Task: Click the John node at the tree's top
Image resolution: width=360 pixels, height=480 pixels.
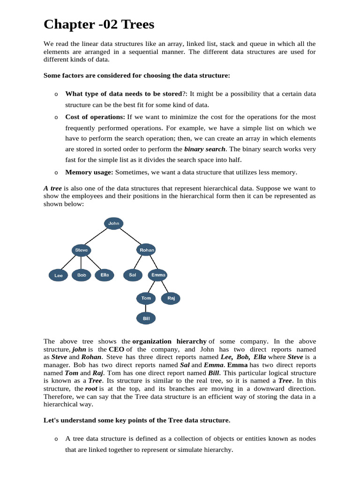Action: click(114, 224)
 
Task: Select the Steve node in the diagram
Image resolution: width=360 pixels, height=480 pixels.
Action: click(82, 250)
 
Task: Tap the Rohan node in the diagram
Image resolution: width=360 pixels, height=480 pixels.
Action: click(147, 250)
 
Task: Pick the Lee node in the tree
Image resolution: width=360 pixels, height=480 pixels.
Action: click(59, 276)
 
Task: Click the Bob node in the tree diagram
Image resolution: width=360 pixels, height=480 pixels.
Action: click(82, 275)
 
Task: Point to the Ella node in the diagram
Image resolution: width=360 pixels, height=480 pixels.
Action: click(105, 275)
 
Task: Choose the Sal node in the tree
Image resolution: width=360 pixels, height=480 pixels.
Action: click(132, 275)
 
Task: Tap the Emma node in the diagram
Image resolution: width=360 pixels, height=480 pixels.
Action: click(158, 275)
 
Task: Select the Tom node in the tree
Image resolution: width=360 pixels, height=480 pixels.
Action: click(146, 298)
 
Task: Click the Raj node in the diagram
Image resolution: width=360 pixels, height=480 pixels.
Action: click(171, 298)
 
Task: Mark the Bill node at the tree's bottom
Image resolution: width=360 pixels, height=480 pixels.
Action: click(146, 319)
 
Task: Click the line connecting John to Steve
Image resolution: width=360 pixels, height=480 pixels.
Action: click(97, 237)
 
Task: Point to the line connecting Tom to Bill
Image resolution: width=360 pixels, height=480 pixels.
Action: click(146, 308)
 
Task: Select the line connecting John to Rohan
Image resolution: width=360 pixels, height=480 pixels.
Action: click(130, 237)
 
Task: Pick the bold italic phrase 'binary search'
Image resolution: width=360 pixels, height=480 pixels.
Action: click(205, 149)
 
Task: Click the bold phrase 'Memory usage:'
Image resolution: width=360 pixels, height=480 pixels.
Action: click(89, 172)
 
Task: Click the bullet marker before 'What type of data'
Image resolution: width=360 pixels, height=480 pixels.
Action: click(56, 94)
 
